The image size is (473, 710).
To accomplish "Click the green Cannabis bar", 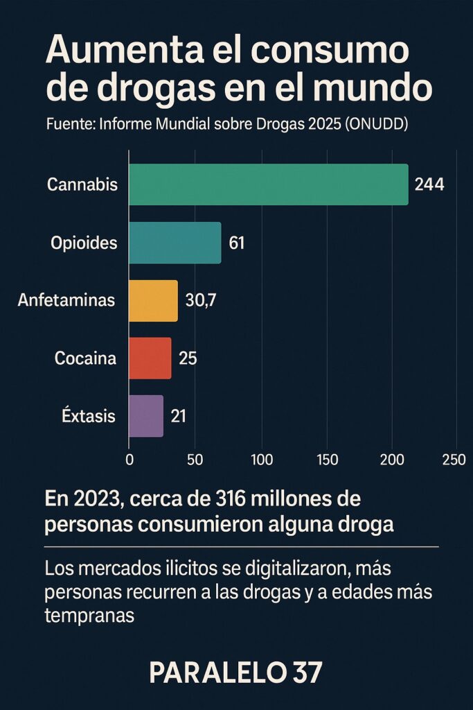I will (269, 184).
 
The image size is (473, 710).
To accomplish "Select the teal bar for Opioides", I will (175, 243).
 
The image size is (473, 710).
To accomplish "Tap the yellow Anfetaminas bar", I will (154, 301).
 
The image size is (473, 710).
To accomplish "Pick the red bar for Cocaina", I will (150, 358).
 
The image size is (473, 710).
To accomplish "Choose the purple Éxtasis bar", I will (146, 416).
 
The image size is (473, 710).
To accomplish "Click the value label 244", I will (429, 184).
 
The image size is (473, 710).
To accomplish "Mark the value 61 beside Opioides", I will (237, 243).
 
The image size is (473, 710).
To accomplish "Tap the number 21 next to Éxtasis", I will (178, 416).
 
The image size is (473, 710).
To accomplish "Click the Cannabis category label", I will (82, 185).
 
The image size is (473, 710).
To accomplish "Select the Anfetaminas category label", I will (66, 301).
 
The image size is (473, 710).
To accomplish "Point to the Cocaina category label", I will (85, 358).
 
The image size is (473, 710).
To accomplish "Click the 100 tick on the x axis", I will (262, 459).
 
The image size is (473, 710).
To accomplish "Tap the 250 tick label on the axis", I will (454, 459).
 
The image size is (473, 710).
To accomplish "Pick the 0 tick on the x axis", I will (130, 459).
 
